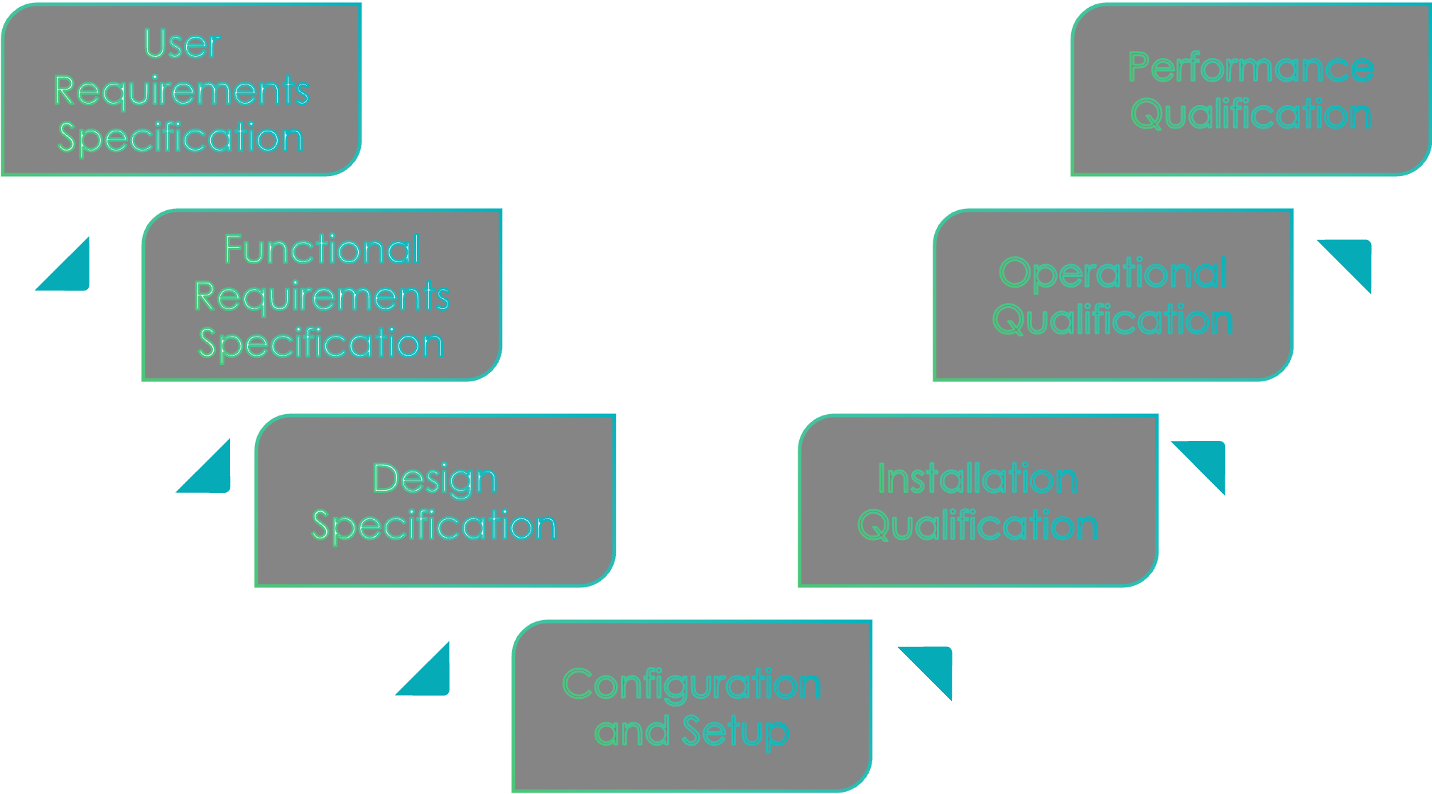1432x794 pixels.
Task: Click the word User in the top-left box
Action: [182, 44]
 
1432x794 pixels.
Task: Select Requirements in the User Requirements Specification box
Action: [182, 91]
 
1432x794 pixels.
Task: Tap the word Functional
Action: [322, 250]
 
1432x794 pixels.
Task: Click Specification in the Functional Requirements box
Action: [321, 344]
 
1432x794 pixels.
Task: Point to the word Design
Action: [435, 479]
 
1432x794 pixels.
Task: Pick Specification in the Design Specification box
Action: [434, 526]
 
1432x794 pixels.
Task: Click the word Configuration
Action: [691, 685]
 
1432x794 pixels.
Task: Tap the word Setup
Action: [735, 732]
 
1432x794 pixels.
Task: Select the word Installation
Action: [977, 479]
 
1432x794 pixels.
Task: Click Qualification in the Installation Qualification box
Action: [977, 526]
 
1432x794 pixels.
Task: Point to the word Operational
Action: [1112, 273]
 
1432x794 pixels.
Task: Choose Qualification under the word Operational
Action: [1112, 320]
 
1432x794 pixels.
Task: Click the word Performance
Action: [1251, 68]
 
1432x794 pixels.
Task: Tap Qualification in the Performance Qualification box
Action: [1251, 114]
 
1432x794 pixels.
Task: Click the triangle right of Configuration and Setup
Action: [933, 666]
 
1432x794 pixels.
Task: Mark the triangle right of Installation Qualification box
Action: [1207, 461]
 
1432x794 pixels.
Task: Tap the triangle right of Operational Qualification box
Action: [1353, 259]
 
